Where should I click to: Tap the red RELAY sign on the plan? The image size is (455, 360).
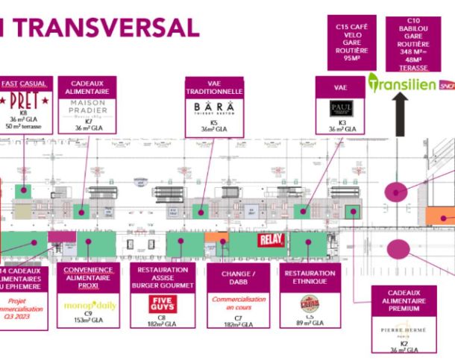(x=269, y=240)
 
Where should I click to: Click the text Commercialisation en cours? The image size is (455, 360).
(x=239, y=302)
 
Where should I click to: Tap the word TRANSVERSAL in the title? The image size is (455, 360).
(x=104, y=27)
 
